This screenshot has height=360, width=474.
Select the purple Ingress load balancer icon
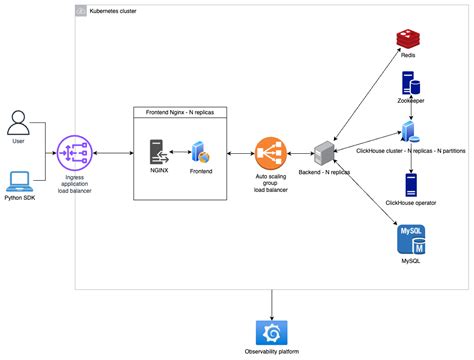tap(76, 152)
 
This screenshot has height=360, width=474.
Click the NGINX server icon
tap(159, 152)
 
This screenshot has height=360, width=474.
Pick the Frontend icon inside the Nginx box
tap(201, 153)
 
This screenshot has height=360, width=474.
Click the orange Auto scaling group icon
tap(270, 153)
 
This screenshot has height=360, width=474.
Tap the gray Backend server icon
tap(324, 153)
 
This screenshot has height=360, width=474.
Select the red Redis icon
tap(407, 40)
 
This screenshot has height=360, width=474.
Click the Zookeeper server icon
tap(408, 85)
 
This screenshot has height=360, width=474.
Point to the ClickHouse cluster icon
tap(408, 130)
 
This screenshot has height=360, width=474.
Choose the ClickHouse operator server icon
tap(409, 183)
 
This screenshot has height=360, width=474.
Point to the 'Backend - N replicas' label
tap(325, 174)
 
